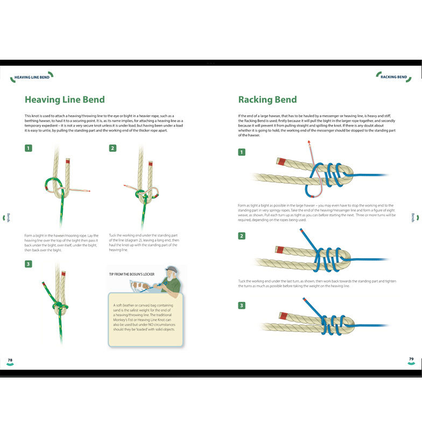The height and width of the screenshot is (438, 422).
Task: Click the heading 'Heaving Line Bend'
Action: (65, 100)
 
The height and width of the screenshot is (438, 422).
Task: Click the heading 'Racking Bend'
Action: (268, 100)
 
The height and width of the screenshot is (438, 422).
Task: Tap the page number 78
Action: (10, 359)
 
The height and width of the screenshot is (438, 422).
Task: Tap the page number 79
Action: (411, 359)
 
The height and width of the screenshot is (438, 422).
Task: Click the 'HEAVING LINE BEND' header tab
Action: (32, 77)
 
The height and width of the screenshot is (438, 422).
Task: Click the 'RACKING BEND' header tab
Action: (393, 77)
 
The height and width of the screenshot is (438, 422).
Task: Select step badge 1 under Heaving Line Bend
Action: (28, 148)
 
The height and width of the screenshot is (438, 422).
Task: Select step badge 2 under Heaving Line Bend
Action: (112, 148)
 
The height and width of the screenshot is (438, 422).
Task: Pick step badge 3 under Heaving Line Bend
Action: (28, 264)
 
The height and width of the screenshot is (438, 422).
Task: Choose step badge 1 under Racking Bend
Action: (242, 152)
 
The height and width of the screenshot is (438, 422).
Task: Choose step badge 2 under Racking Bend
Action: (242, 236)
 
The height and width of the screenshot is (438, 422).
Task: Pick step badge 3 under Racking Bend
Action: (242, 306)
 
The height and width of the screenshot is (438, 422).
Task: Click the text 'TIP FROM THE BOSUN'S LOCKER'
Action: (132, 274)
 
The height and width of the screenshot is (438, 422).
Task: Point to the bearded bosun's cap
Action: (172, 269)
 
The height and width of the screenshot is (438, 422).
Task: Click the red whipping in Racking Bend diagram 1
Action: (282, 161)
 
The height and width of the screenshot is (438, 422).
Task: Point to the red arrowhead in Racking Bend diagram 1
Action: (309, 142)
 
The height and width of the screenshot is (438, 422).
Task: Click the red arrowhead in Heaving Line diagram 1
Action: (89, 191)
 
